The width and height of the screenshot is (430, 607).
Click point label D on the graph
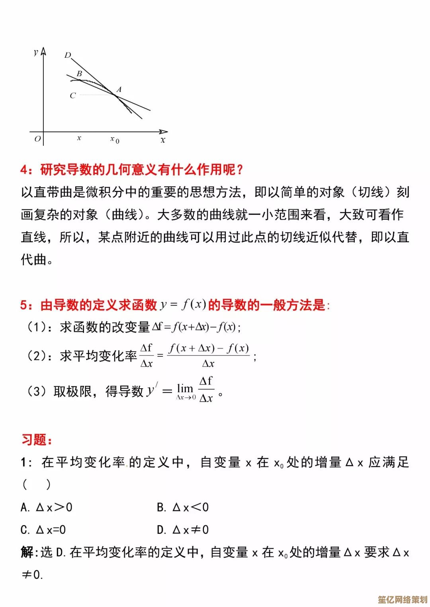[68, 55]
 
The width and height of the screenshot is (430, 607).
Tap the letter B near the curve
[79, 74]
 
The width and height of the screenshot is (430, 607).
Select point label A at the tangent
[119, 89]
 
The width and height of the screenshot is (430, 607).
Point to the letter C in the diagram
[72, 95]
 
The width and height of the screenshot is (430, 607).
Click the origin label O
[37, 139]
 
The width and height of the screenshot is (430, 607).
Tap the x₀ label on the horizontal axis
[115, 139]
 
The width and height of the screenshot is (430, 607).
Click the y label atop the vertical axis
[36, 52]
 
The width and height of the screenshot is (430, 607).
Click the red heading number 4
[24, 170]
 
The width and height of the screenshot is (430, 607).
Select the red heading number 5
[24, 305]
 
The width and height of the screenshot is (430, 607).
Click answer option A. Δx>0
[47, 507]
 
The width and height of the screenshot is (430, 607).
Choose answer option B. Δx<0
[183, 507]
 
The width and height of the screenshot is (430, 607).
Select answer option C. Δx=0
[43, 530]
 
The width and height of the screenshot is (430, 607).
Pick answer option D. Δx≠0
[183, 530]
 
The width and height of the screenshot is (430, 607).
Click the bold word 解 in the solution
[27, 552]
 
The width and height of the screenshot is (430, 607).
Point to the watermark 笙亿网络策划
[402, 599]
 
